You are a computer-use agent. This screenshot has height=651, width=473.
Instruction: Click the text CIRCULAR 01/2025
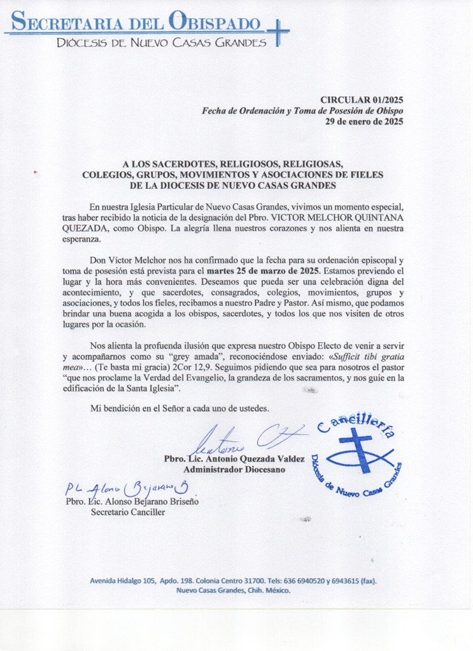[x=362, y=100]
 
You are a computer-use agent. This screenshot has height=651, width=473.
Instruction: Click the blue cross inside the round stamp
[x=355, y=449]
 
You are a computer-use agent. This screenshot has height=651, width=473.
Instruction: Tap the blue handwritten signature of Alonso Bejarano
[x=127, y=488]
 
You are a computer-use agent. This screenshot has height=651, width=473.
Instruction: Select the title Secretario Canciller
[x=127, y=512]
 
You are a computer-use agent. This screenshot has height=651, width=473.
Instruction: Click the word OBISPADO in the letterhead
[x=215, y=23]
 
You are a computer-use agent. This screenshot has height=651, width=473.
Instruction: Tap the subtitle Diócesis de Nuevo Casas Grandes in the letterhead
[x=161, y=43]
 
